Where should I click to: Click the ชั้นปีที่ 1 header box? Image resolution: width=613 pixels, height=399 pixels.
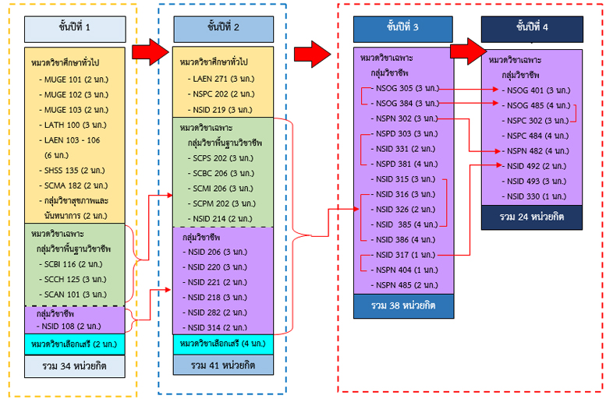(75, 29)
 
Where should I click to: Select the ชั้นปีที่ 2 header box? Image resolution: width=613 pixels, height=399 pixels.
(223, 29)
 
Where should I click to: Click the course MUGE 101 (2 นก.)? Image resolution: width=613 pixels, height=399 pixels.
(75, 79)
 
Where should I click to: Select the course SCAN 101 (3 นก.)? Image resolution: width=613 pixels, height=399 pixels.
(76, 294)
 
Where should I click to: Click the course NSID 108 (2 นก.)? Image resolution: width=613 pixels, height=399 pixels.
(73, 324)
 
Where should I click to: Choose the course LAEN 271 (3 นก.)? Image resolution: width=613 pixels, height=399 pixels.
(224, 79)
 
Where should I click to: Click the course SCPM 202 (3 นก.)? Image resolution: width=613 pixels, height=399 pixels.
(225, 203)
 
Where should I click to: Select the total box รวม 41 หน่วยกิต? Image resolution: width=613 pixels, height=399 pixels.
(223, 364)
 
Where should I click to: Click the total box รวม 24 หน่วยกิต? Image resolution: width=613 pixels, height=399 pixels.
(532, 216)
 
